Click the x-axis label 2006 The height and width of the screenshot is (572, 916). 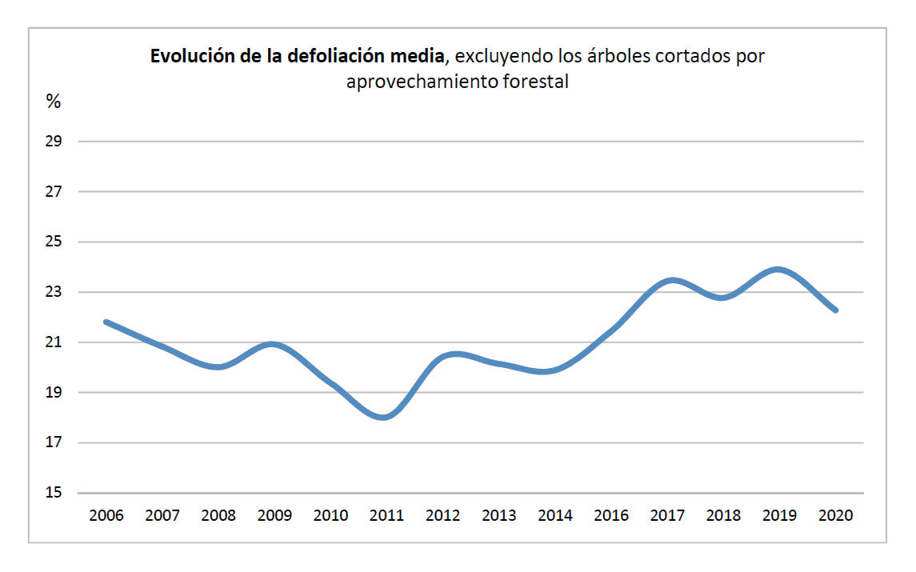pos(106,515)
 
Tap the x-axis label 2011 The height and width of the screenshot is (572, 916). pos(386,515)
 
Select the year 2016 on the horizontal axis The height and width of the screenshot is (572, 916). pos(611,515)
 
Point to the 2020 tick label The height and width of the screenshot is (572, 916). pos(836,515)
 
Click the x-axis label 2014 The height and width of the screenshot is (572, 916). pos(555,515)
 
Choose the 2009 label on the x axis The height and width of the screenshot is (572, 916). pos(274,515)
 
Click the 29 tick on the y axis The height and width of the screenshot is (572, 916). pos(54,142)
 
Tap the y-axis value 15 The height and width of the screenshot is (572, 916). pos(54,493)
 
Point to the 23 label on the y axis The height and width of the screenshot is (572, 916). pos(54,292)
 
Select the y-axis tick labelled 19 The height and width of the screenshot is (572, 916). pos(54,393)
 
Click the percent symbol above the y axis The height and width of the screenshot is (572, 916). pos(54,102)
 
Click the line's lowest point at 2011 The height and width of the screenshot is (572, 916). pos(385,417)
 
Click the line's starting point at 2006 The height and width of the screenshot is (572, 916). pos(106,322)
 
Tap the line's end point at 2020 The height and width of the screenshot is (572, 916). pos(835,310)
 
